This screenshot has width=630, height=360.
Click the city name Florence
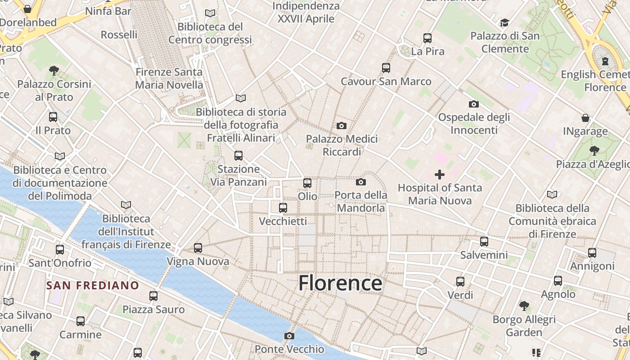[340, 283]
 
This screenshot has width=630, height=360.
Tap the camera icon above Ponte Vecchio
[289, 336]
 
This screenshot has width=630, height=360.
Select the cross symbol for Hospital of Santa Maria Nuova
[440, 175]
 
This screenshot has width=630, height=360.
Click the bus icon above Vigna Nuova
[198, 248]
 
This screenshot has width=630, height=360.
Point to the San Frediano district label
[93, 285]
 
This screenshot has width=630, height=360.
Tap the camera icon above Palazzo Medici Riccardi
[342, 126]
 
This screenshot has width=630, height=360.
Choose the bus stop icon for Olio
[307, 183]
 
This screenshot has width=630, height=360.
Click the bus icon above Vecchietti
[283, 208]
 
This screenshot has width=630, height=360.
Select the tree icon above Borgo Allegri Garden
[524, 306]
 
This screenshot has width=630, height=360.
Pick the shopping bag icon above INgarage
[585, 118]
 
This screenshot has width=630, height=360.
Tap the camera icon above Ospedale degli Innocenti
[474, 104]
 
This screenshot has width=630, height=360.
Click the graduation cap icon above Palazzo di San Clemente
[504, 22]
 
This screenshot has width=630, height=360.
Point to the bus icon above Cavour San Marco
[386, 68]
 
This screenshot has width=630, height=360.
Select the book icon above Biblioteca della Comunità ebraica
[552, 195]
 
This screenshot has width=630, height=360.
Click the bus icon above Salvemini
[484, 242]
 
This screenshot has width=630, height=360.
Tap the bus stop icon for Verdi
[460, 282]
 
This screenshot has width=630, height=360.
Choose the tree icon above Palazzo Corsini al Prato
[54, 71]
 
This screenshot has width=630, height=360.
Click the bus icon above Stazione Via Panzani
[238, 156]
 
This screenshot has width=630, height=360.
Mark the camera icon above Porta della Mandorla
[360, 182]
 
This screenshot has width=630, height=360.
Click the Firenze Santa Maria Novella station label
[169, 78]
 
